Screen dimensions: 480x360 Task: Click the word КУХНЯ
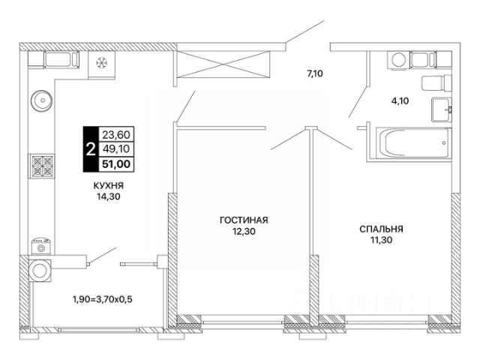108,185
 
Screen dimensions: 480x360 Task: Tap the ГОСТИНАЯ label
244,220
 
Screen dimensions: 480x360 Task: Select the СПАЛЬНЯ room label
381,229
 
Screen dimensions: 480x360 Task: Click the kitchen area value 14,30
108,196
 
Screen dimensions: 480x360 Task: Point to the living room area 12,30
244,232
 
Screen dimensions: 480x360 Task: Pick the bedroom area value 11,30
381,240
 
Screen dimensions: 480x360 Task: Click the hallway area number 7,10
315,73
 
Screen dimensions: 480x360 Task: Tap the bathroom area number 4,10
400,100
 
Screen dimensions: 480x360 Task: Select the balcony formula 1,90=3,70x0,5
102,298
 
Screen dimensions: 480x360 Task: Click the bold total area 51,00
116,164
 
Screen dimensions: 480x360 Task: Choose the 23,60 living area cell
116,134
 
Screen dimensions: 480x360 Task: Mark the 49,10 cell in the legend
116,149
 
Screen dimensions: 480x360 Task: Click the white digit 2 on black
90,149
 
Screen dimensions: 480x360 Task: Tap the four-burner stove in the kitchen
43,166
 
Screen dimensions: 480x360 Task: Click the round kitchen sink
42,100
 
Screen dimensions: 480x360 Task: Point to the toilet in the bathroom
436,82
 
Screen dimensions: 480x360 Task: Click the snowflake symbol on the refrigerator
102,63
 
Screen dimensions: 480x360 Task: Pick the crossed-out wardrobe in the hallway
223,65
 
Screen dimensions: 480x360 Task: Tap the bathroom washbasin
442,109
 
